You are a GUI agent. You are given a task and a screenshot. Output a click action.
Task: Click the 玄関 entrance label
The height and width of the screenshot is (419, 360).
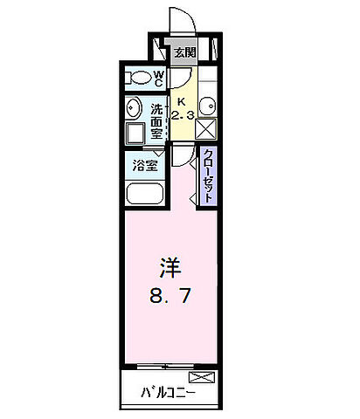click(x=184, y=52)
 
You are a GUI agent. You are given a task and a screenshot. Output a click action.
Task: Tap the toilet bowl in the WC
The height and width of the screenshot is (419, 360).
click(x=140, y=78)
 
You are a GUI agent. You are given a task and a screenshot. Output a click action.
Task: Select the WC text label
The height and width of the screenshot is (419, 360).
click(x=159, y=78)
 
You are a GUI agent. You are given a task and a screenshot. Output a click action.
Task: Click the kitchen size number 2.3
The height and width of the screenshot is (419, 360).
click(x=184, y=114)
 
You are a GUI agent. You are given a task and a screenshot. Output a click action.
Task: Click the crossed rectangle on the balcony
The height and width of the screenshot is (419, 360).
click(x=201, y=378)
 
